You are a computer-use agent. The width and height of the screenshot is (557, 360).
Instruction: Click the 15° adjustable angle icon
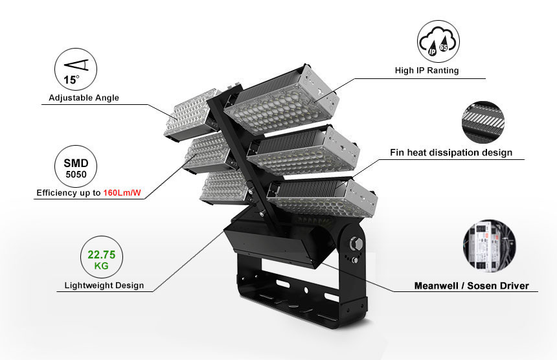[76, 69]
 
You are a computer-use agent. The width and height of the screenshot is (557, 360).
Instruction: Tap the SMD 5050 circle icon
[76, 166]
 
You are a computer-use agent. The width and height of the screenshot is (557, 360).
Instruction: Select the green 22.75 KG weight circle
[102, 258]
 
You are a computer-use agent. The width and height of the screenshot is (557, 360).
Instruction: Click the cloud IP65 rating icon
[438, 41]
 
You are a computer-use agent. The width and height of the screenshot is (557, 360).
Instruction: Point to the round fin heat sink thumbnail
[483, 122]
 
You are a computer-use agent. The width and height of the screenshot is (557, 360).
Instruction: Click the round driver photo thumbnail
[490, 246]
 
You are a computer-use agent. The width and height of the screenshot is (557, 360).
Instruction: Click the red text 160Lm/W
[122, 193]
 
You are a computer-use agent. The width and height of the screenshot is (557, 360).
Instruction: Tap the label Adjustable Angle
[84, 98]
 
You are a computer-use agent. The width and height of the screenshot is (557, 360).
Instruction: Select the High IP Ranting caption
[427, 71]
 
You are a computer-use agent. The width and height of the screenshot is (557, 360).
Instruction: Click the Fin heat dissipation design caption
[451, 153]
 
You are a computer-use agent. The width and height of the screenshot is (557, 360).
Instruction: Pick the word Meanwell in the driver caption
[436, 286]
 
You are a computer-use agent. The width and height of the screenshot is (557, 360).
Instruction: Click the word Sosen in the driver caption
[481, 286]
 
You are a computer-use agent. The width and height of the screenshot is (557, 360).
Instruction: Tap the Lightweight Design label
[104, 286]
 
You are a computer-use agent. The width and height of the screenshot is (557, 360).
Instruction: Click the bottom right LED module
[322, 197]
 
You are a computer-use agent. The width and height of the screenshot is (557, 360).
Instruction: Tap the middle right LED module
[303, 151]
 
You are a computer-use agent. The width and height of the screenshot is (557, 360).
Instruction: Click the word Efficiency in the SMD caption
[53, 193]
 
